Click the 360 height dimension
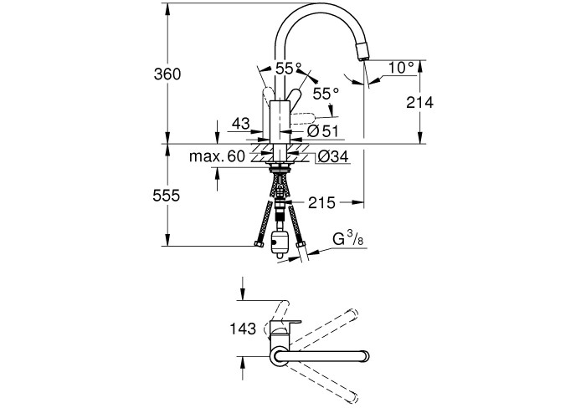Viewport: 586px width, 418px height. tap(167, 74)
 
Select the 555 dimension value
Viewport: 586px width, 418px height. tap(167, 195)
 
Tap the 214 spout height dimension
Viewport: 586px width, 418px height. tap(419, 102)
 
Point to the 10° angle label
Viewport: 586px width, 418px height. tap(401, 68)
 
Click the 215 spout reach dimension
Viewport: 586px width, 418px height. tap(321, 202)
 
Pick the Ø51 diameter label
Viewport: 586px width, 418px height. tap(323, 131)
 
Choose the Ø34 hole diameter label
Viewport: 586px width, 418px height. tap(333, 156)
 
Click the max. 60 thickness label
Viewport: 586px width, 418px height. tap(217, 156)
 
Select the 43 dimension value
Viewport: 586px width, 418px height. tap(241, 123)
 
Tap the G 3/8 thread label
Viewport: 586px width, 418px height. tap(347, 238)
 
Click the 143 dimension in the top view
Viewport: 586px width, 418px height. tap(243, 329)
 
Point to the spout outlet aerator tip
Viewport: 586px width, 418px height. tap(362, 52)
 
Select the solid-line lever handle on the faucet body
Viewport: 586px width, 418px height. tap(295, 99)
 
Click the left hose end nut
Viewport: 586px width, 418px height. tap(259, 244)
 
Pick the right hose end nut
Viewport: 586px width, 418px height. tap(301, 245)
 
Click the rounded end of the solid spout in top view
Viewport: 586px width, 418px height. tap(364, 357)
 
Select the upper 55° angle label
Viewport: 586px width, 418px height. tap(289, 69)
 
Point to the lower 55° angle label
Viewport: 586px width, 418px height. tap(326, 94)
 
